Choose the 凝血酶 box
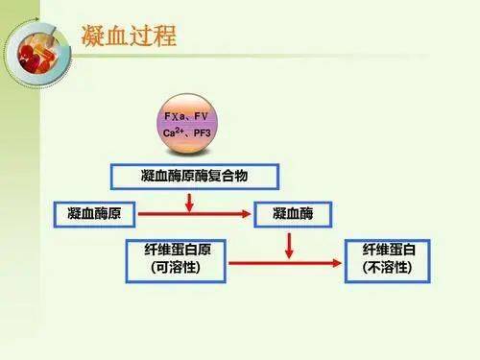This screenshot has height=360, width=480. coord(293,210)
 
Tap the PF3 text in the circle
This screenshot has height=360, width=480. coord(209,141)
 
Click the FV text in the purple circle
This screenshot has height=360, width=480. coord(207,124)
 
